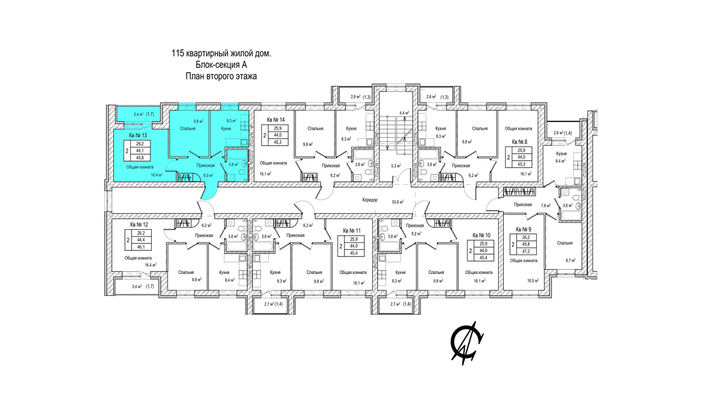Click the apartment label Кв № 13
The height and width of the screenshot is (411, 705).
tap(138, 136)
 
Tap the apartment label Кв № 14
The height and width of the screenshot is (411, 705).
tap(276, 120)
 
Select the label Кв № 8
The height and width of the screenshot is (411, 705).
tap(520, 142)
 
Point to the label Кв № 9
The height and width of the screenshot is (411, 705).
tap(524, 230)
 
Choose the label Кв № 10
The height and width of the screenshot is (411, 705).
tap(482, 235)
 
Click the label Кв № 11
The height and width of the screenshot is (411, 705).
tap(352, 231)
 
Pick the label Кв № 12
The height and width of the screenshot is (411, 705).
tap(139, 225)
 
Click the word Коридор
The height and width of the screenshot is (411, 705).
tap(370, 200)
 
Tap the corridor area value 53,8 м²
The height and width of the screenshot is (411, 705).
tap(398, 202)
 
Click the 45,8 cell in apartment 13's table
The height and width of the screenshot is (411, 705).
tap(140, 158)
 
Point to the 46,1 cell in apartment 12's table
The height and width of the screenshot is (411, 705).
tap(141, 247)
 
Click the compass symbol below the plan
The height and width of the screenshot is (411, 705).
tap(466, 343)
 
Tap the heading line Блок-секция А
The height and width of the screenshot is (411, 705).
tap(221, 65)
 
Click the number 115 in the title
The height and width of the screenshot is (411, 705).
tap(178, 54)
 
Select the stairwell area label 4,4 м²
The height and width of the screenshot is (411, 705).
tap(404, 113)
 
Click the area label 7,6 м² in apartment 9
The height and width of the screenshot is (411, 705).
tap(546, 206)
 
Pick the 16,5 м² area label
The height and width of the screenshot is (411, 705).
tap(533, 280)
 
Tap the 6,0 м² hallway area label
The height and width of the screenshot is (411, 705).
tap(208, 176)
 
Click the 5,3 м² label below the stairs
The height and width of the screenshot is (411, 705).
tap(396, 166)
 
